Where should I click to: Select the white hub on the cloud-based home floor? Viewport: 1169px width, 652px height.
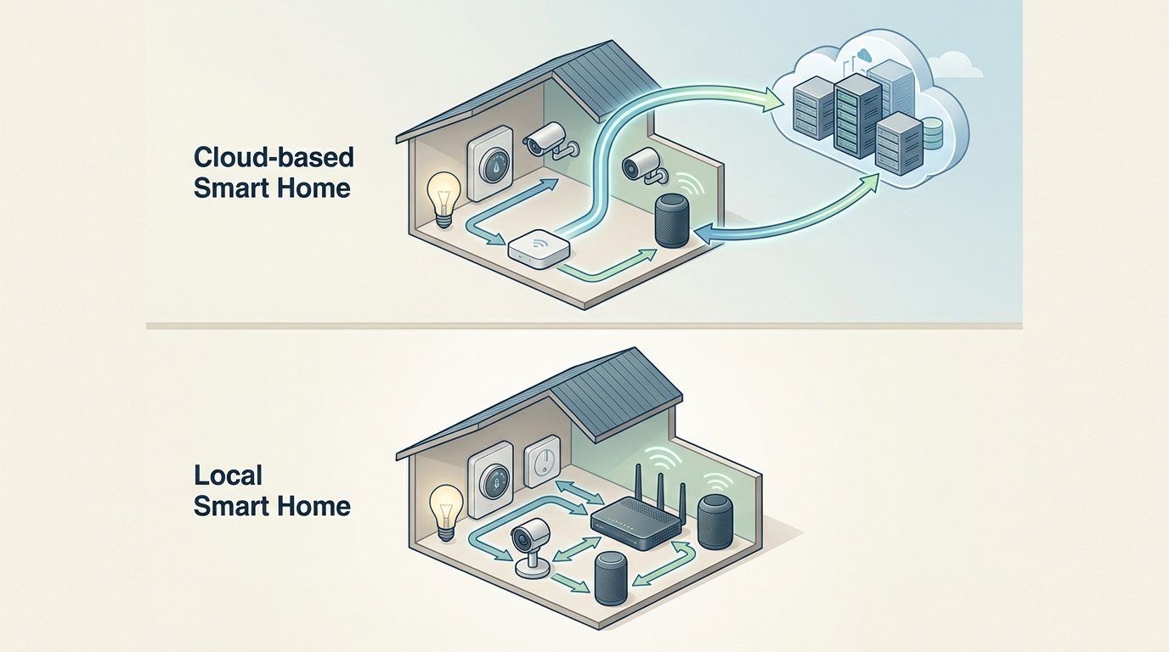(538, 247)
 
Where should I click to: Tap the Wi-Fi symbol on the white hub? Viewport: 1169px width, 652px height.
(537, 241)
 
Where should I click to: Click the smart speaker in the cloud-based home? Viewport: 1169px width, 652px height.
(671, 221)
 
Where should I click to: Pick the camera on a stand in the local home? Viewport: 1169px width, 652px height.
(528, 548)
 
